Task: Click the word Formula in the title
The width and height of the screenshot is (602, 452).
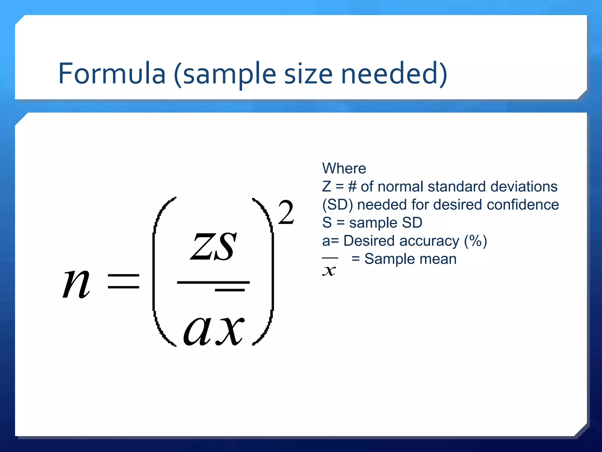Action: (x=112, y=74)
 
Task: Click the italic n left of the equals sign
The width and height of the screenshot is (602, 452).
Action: (x=76, y=284)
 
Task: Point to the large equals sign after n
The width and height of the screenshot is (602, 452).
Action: (x=123, y=281)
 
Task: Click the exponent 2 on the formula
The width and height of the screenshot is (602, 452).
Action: (x=286, y=212)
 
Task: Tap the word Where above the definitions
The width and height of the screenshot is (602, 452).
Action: (x=344, y=169)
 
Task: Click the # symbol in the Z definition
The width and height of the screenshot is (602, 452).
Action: (x=352, y=187)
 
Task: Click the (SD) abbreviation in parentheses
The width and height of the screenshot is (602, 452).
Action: (x=337, y=205)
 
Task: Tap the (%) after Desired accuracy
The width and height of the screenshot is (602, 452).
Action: (x=475, y=241)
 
